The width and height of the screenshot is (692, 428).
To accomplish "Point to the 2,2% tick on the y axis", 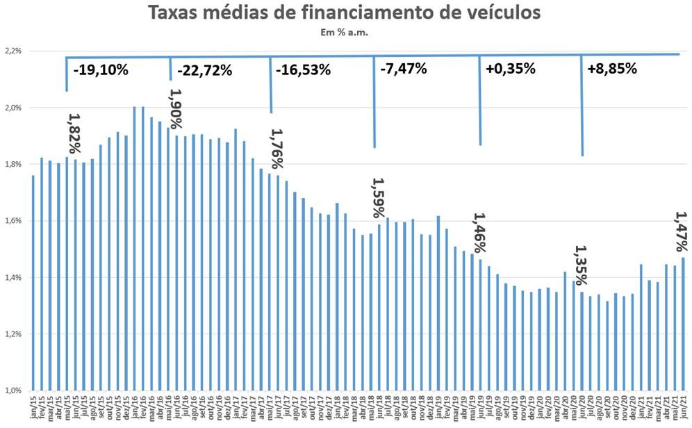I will (x=13, y=51).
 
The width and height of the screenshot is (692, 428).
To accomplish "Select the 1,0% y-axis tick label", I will (x=13, y=390).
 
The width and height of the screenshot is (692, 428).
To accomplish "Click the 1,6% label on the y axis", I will (x=13, y=221).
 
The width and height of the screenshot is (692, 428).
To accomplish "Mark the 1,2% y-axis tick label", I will (x=13, y=334).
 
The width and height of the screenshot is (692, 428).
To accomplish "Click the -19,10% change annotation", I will (x=100, y=69).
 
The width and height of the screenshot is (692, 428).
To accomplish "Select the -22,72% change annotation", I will (x=204, y=70).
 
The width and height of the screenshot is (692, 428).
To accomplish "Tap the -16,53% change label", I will (x=303, y=69).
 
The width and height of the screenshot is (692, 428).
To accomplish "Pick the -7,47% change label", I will (x=403, y=69).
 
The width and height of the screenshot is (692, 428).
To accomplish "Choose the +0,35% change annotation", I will (x=510, y=69).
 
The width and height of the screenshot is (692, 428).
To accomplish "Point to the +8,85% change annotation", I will (x=611, y=69).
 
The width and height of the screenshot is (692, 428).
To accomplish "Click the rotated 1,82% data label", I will (x=74, y=134).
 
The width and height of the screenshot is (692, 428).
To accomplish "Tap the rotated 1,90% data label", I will (x=175, y=108).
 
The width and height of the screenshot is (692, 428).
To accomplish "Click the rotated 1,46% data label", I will (x=479, y=233).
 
